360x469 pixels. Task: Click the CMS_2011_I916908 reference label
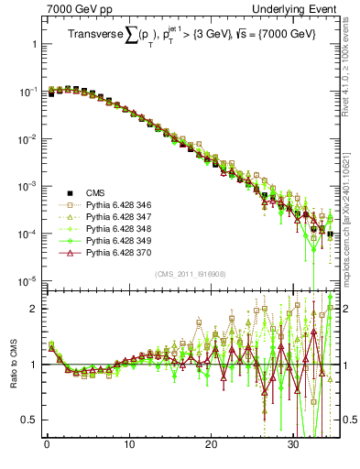[x=189, y=274]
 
